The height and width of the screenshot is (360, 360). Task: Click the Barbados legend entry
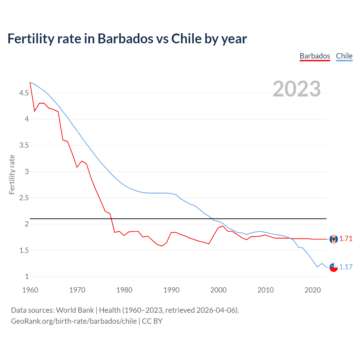click(315, 56)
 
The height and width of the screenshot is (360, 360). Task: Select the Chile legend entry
click(344, 56)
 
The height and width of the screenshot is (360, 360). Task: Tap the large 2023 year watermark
click(297, 89)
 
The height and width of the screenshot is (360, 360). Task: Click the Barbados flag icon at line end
click(334, 239)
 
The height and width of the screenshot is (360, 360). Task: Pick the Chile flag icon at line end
click(334, 267)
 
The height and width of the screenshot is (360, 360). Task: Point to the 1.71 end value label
click(346, 239)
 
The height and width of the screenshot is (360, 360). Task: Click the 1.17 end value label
click(346, 267)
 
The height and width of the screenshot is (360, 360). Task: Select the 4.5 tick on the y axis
click(24, 93)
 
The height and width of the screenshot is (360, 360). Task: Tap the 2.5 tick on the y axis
click(24, 198)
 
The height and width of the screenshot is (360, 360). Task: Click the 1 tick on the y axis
click(27, 276)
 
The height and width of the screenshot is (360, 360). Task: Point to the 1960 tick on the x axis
click(30, 290)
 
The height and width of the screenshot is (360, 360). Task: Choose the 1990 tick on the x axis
click(171, 290)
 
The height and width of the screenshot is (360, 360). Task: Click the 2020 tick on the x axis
click(312, 290)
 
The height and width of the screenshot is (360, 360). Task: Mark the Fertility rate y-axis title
click(12, 174)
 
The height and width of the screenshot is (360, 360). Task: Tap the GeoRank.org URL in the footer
click(74, 321)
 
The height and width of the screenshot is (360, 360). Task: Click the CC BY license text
click(152, 321)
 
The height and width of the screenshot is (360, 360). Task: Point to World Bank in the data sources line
click(75, 310)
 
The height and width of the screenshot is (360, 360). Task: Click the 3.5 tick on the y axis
click(24, 145)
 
